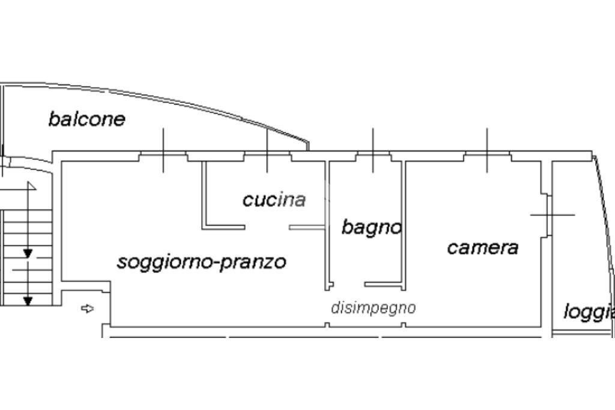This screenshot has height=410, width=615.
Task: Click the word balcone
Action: pyautogui.click(x=86, y=119)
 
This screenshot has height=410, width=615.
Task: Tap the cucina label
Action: pyautogui.click(x=274, y=199)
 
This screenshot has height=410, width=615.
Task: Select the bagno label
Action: pyautogui.click(x=371, y=227)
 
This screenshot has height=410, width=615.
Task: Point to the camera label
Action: pyautogui.click(x=482, y=247)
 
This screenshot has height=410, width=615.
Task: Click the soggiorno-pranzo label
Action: pyautogui.click(x=201, y=262)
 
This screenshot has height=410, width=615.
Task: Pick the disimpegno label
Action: pyautogui.click(x=373, y=308)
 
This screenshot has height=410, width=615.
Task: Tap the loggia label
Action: pyautogui.click(x=589, y=312)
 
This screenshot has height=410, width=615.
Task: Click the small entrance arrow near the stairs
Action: pyautogui.click(x=88, y=309)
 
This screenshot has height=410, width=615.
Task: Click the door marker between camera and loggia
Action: pyautogui.click(x=549, y=214)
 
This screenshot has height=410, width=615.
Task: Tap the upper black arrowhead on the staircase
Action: pyautogui.click(x=28, y=253)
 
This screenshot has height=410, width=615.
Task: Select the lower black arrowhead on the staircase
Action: pyautogui.click(x=28, y=300)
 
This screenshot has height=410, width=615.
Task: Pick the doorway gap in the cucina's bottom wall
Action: pyautogui.click(x=267, y=227)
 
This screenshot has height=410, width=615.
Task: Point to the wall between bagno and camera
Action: pyautogui.click(x=404, y=222)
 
